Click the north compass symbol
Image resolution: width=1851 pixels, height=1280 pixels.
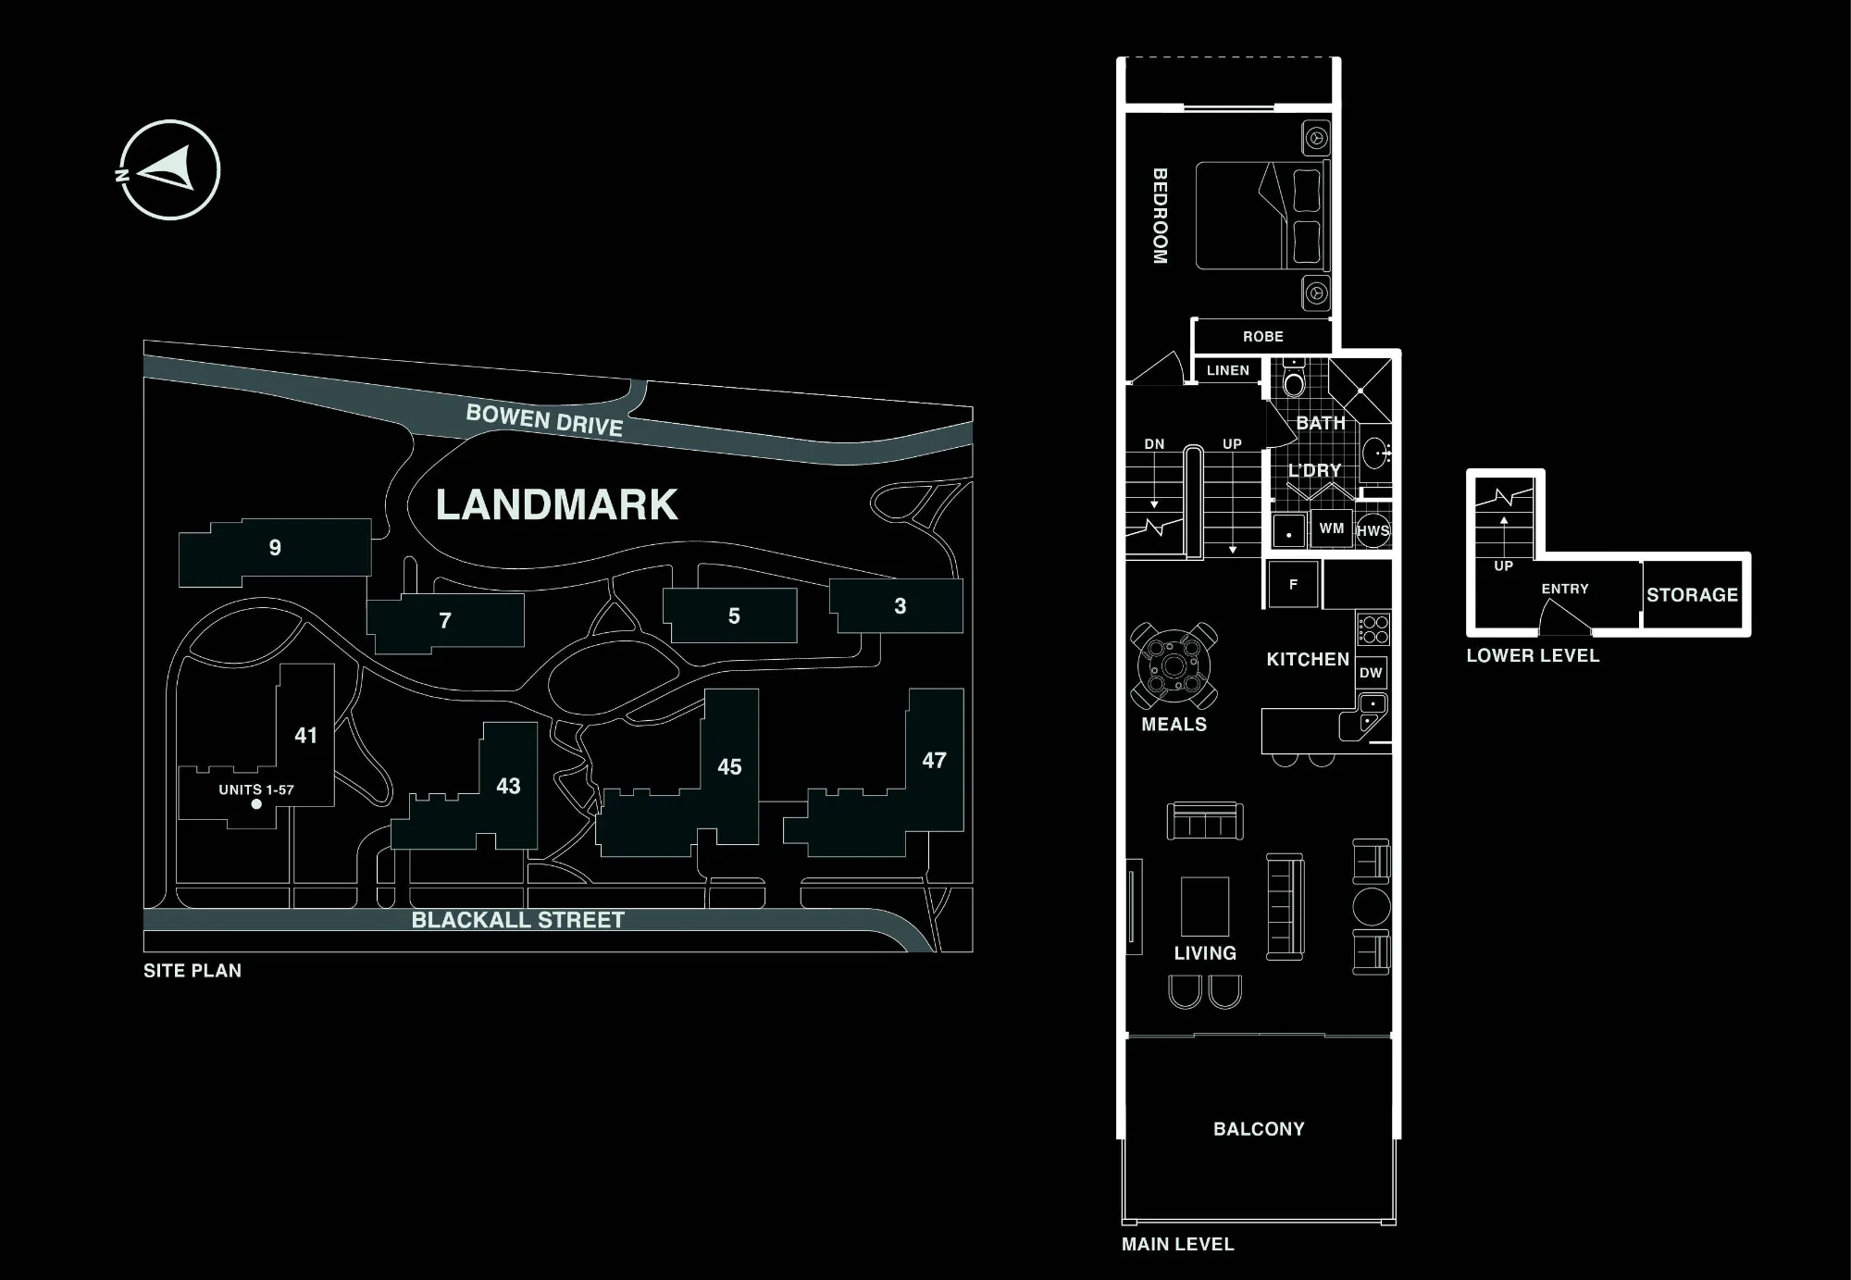pyautogui.click(x=169, y=170)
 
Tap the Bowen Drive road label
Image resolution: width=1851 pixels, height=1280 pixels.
pyautogui.click(x=544, y=420)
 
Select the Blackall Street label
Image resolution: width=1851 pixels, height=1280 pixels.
pyautogui.click(x=518, y=920)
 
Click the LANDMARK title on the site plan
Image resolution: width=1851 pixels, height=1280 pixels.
pyautogui.click(x=556, y=505)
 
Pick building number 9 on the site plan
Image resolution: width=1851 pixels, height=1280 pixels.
pyautogui.click(x=275, y=548)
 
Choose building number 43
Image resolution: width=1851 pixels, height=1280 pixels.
pyautogui.click(x=508, y=786)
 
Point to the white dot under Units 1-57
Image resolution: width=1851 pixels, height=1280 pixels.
pyautogui.click(x=256, y=804)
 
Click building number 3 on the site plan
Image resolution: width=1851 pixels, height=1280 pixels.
pyautogui.click(x=900, y=606)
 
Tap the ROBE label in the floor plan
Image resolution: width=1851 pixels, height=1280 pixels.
pyautogui.click(x=1263, y=337)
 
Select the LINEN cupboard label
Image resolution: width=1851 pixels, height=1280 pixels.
pyautogui.click(x=1228, y=370)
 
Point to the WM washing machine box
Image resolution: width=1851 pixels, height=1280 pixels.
pyautogui.click(x=1332, y=528)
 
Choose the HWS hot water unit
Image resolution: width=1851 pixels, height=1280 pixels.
pyautogui.click(x=1373, y=530)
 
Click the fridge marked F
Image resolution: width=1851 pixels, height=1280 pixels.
pyautogui.click(x=1293, y=584)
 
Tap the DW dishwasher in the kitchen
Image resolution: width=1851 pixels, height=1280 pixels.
pyautogui.click(x=1371, y=673)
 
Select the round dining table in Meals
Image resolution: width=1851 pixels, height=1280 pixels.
pyautogui.click(x=1174, y=666)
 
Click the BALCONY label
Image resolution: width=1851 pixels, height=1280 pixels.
pyautogui.click(x=1259, y=1129)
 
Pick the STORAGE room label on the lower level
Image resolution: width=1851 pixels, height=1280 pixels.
pyautogui.click(x=1692, y=595)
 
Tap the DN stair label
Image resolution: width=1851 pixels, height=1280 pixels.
pyautogui.click(x=1154, y=444)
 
